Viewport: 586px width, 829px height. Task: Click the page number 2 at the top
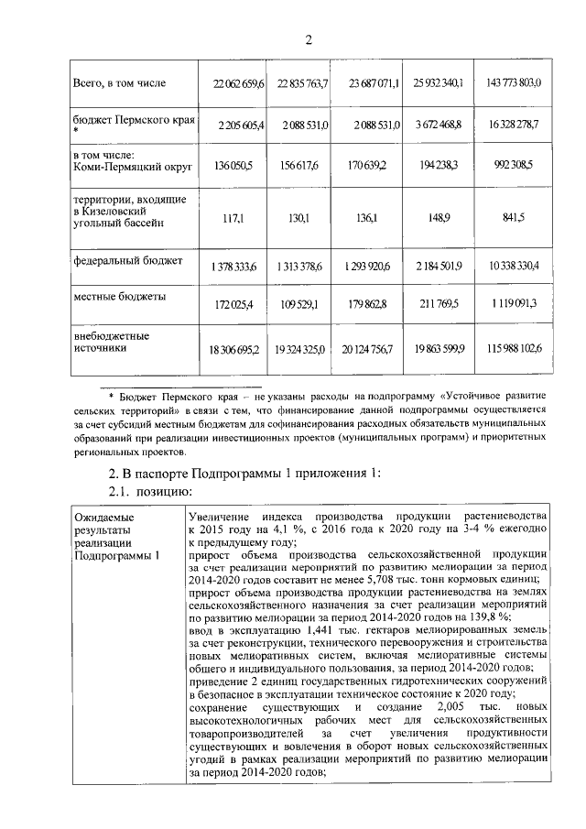coord(309,38)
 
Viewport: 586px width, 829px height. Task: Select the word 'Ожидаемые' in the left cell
coord(103,518)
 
